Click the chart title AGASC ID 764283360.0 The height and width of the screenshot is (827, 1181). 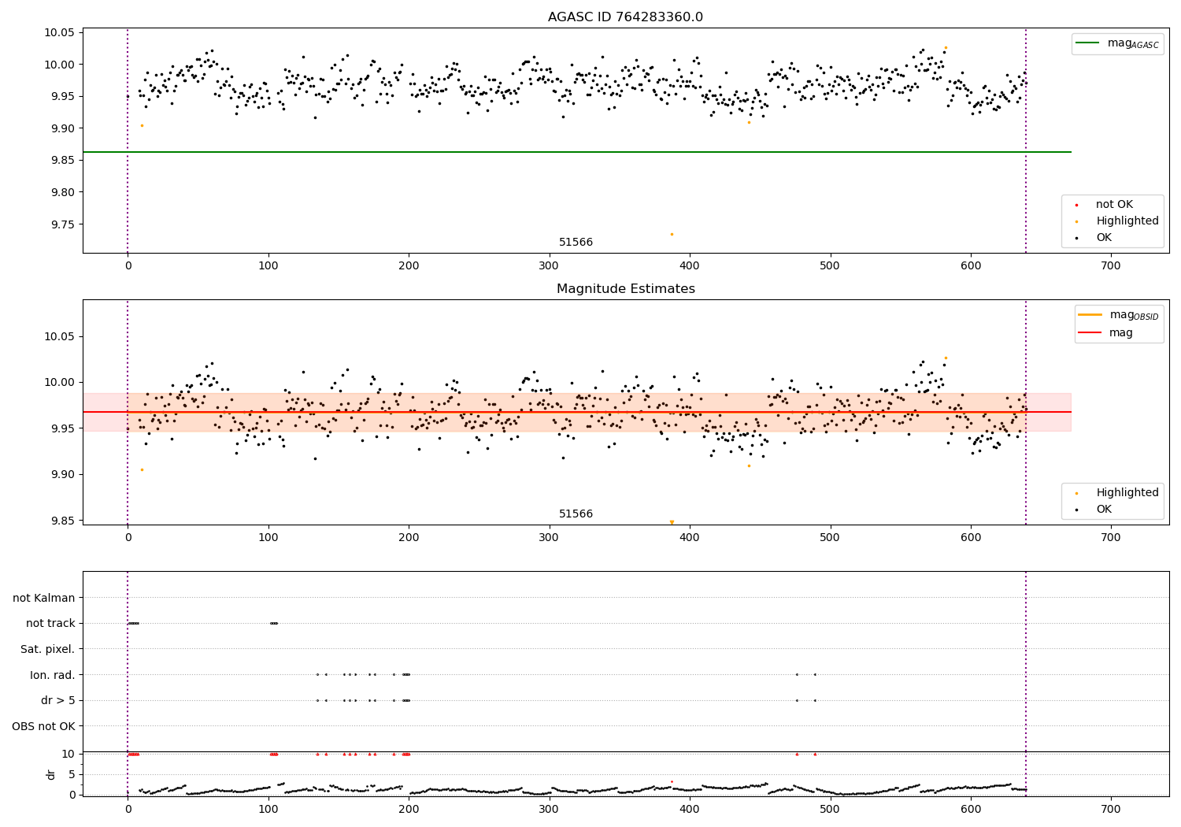[x=625, y=17]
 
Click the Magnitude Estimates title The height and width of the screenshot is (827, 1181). [x=625, y=289]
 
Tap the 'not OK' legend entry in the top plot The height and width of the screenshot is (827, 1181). [x=1114, y=205]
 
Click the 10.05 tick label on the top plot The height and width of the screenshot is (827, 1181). [x=60, y=33]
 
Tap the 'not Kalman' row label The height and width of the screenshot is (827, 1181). [x=44, y=598]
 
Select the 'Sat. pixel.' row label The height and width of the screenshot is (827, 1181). [x=48, y=649]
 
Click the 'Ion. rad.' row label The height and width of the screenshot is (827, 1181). [x=53, y=675]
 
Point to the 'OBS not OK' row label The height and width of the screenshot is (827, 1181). [x=44, y=726]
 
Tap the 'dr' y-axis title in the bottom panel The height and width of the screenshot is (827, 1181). [x=51, y=774]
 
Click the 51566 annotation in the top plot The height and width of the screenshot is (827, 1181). [x=576, y=243]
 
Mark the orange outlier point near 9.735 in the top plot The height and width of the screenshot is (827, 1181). [x=672, y=234]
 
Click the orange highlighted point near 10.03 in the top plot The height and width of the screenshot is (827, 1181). [x=946, y=47]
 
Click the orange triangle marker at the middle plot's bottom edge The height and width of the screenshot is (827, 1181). [x=672, y=522]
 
